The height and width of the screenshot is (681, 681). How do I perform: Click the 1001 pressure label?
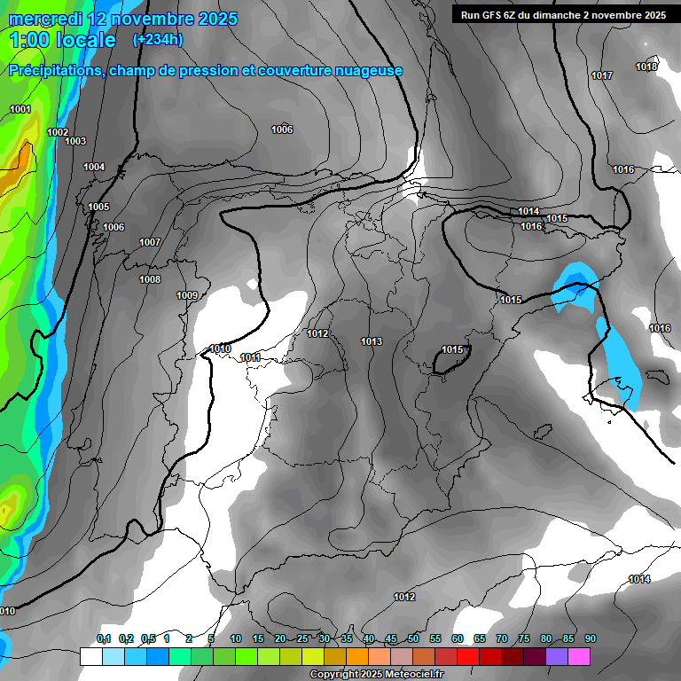coord(20,109)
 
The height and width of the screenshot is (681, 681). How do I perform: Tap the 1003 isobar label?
coord(75,141)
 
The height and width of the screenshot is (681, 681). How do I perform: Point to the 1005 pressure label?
coord(98,207)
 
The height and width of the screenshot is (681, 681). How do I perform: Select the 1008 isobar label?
coord(150,279)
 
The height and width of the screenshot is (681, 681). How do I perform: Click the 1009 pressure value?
coord(187,295)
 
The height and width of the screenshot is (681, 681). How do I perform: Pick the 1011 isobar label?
coord(251,357)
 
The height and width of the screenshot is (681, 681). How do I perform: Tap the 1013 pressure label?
coord(372,341)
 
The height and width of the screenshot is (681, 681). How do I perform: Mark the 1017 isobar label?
coord(602,75)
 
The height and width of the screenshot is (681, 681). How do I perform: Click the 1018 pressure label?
coord(646,67)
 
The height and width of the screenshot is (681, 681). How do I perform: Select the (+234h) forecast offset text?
coord(158,39)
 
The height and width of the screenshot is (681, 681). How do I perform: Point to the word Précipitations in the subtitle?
coord(55,71)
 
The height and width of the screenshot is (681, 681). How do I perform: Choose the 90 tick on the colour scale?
coord(590,638)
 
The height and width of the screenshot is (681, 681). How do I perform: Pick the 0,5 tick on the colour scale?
coord(147,638)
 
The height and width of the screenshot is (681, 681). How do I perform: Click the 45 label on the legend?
coord(391,638)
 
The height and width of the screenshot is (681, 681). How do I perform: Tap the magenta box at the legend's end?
coord(579,656)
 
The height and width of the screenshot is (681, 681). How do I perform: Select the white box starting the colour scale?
coord(90,656)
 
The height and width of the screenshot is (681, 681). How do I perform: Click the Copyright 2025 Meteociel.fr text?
coord(376,674)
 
